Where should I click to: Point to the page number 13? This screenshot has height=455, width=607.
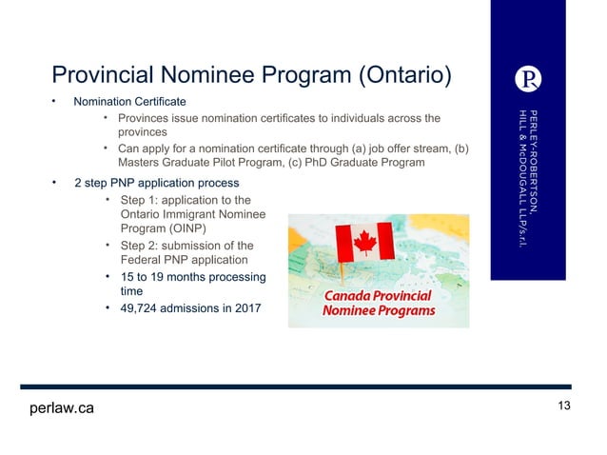point(564,406)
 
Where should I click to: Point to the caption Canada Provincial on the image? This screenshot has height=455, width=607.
point(379,295)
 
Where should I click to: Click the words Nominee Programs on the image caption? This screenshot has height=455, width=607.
point(379,311)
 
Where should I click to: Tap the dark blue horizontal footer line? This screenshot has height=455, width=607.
point(295,386)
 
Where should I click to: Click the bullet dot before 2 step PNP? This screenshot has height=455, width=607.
point(55,180)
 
